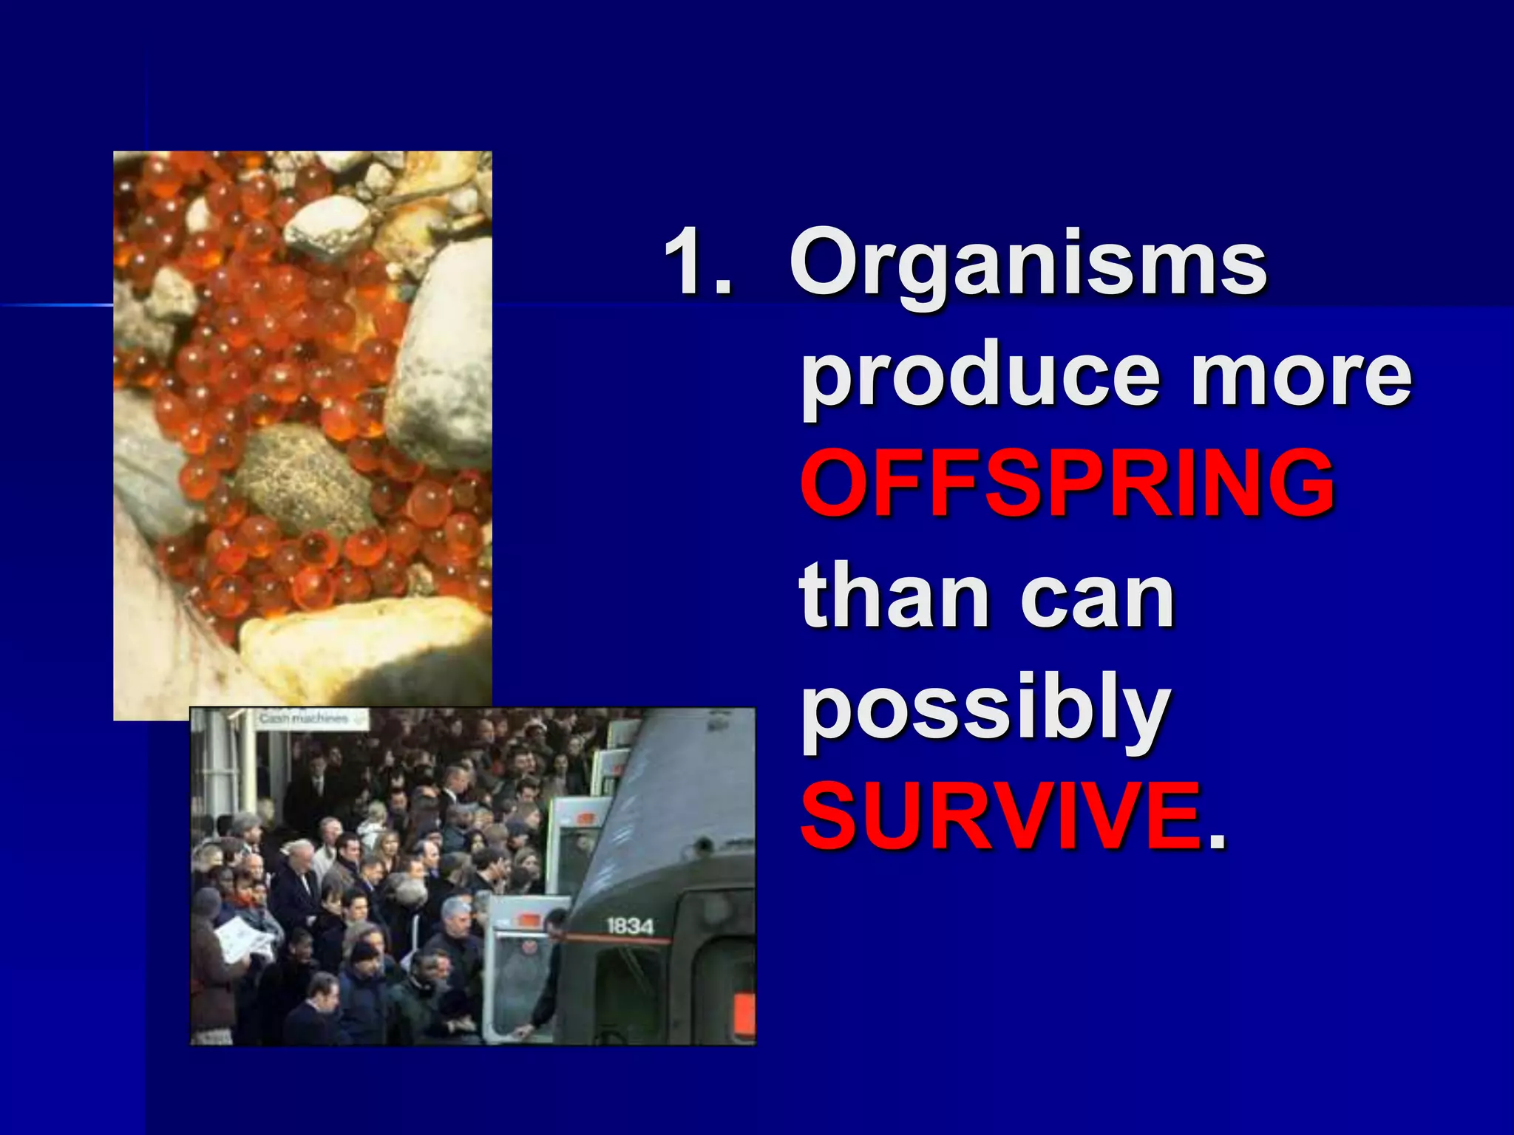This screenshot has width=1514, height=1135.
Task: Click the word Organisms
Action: (1028, 264)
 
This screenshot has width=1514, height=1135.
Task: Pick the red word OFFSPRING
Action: (1067, 484)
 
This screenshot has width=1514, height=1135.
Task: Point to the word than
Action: (894, 596)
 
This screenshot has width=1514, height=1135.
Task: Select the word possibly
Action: (986, 709)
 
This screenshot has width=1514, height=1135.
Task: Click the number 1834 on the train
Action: (629, 925)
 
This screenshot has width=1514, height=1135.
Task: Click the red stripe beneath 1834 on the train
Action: (621, 940)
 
